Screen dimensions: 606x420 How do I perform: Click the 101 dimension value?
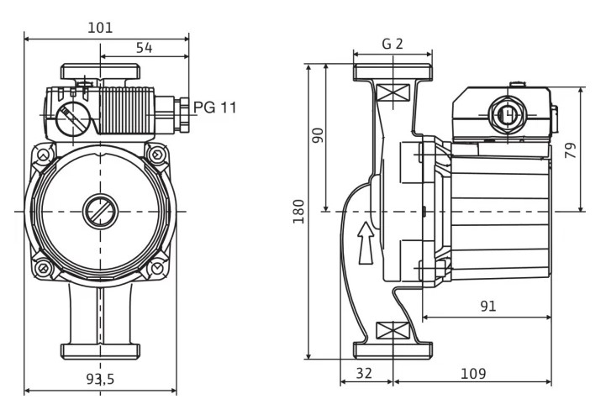coord(100,28)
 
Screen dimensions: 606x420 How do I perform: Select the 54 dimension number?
coord(145,48)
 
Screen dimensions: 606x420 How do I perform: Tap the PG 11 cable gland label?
coord(214,107)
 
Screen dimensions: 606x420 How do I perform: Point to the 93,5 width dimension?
coord(100,379)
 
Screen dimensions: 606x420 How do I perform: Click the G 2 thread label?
coord(393,44)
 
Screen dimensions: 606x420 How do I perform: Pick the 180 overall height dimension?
coord(298,212)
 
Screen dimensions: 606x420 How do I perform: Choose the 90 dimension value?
coord(318,135)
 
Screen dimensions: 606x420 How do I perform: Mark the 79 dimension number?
coord(571,150)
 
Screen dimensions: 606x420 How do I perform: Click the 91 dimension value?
coord(487,306)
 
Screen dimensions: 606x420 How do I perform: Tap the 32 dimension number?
coord(364,373)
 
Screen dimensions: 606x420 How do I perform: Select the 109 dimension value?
coord(473,374)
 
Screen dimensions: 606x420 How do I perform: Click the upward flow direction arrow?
coord(366,243)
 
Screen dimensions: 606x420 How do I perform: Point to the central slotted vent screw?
coord(100,212)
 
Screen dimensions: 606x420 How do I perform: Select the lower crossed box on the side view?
coord(393,331)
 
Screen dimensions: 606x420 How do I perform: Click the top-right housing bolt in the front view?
coord(157,155)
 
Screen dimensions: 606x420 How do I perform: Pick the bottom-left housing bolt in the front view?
coord(43,267)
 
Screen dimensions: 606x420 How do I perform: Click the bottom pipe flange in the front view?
coord(100,351)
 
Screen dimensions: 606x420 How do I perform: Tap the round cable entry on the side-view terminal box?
coord(508,114)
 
